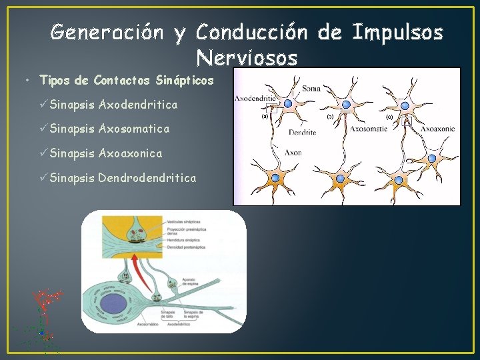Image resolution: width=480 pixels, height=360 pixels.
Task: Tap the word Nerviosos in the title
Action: tap(247, 59)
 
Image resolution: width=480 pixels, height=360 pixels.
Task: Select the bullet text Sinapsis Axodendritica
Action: tap(113, 105)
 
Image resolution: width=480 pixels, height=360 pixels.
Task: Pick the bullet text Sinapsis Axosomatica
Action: tap(109, 129)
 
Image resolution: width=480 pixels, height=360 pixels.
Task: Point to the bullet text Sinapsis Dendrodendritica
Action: tap(123, 178)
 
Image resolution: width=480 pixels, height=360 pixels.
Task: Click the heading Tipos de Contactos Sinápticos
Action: tap(127, 81)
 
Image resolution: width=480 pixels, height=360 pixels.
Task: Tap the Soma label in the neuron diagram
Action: tap(311, 88)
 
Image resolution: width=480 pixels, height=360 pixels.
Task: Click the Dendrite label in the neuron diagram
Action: tap(302, 132)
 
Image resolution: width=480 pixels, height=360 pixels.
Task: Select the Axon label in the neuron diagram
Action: tap(293, 153)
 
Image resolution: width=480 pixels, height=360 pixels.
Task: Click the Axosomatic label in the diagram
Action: tap(368, 129)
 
